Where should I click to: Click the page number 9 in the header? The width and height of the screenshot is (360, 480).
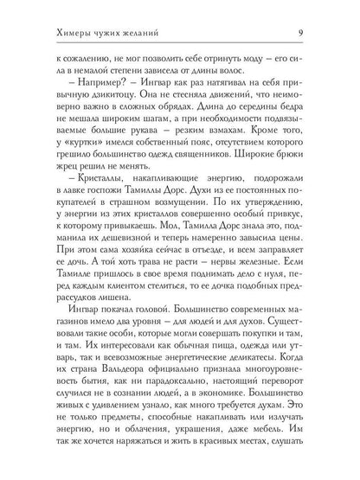click(322, 10)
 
